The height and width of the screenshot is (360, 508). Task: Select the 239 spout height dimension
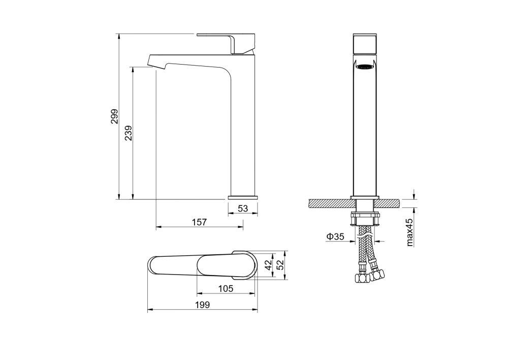coord(129,133)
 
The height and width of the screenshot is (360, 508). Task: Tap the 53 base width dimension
coord(243,208)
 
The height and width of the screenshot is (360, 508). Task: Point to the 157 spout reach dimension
coord(199,222)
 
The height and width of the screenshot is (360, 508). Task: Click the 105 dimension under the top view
coord(226,288)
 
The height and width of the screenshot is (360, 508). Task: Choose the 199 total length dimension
coord(203,305)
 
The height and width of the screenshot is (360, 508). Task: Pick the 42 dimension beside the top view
coord(268,264)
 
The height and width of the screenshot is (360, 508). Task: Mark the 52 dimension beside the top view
coord(280,264)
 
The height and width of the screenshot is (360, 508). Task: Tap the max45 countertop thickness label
coord(410,231)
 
